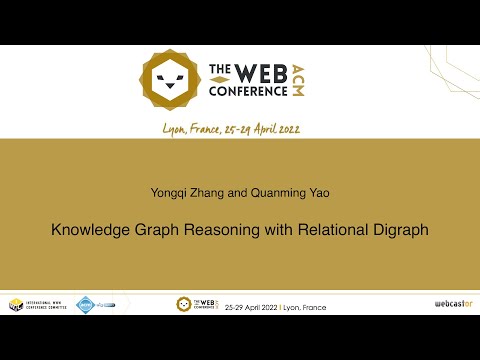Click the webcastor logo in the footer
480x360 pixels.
tap(452, 304)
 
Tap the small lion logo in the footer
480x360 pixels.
tap(184, 304)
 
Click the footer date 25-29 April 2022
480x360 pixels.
tap(253, 304)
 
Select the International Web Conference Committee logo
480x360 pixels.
tap(38, 304)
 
